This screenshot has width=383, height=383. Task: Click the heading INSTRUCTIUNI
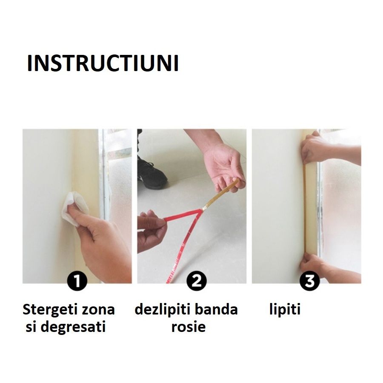(x=103, y=64)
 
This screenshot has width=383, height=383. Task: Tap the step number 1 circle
(x=77, y=282)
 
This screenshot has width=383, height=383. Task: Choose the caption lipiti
(x=285, y=309)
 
